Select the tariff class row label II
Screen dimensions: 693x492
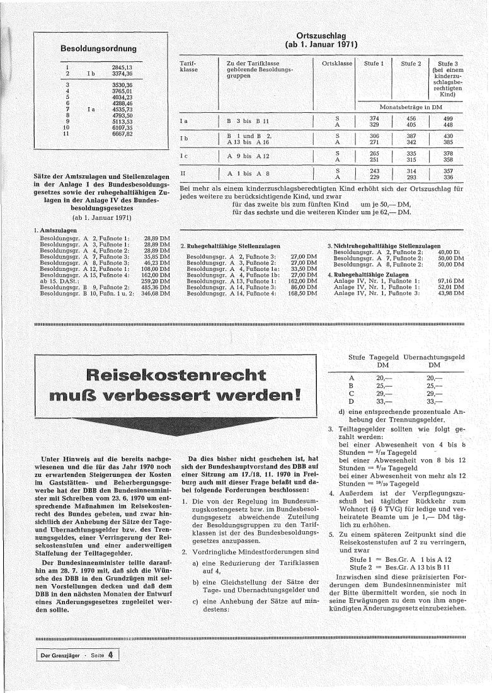pyautogui.click(x=183, y=172)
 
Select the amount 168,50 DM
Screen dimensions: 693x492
pyautogui.click(x=302, y=294)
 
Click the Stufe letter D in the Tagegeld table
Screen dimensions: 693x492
pyautogui.click(x=351, y=401)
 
